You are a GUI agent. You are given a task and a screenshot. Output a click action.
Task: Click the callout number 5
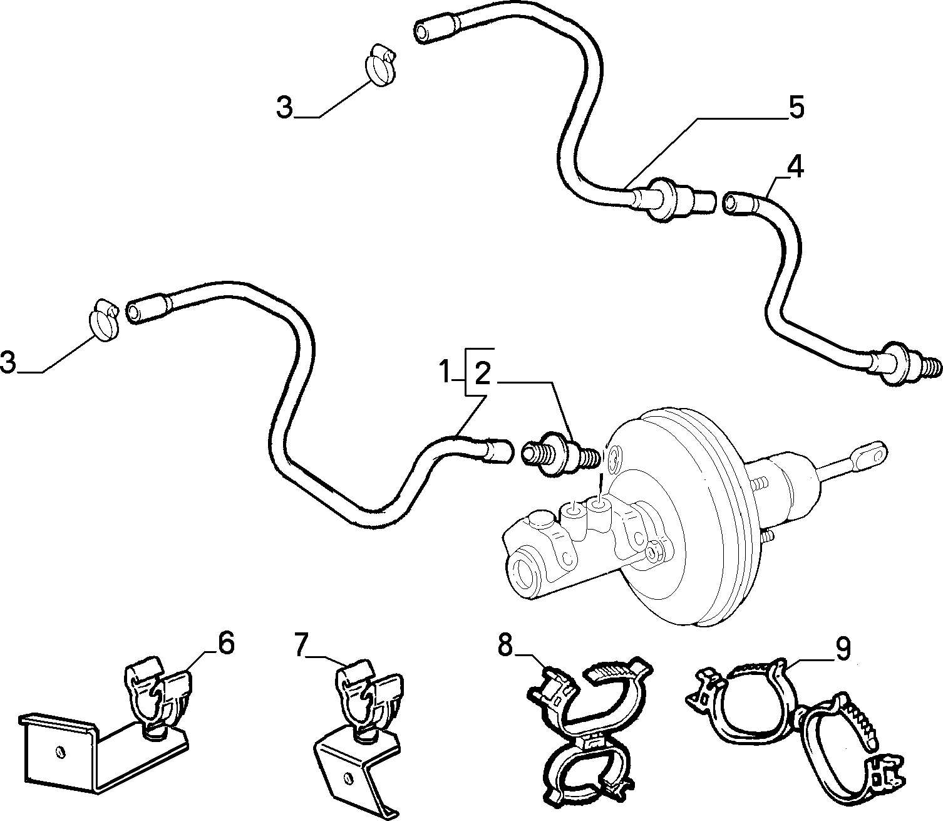[x=796, y=107]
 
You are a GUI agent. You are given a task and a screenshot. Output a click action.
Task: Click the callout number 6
[x=226, y=644]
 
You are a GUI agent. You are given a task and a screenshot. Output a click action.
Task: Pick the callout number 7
[x=302, y=645]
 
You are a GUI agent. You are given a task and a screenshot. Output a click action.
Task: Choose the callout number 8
[x=505, y=646]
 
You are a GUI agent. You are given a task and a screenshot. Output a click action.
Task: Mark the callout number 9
[x=843, y=650]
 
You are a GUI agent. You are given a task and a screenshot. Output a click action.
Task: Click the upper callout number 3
[x=285, y=107]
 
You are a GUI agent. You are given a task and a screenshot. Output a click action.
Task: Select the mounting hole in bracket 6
[x=59, y=752]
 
